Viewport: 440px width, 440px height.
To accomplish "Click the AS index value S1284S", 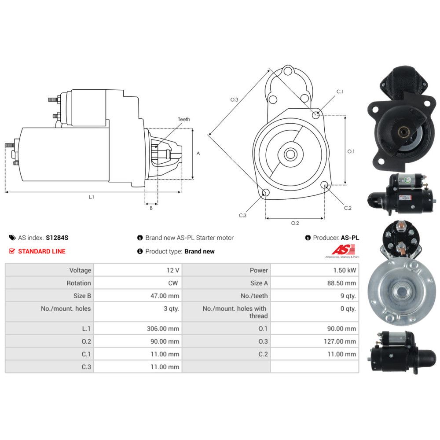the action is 57,238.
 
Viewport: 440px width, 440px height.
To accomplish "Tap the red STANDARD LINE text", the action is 42,251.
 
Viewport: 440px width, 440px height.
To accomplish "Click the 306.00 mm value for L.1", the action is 163,329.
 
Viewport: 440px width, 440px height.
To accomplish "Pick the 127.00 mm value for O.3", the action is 341,341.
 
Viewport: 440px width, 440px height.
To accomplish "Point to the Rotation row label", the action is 79,283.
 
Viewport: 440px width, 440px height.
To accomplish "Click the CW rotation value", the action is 173,283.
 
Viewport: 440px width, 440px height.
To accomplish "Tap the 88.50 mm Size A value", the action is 341,283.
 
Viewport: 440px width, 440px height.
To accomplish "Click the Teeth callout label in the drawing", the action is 184,119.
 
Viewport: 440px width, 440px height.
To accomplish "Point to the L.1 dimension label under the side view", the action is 92,197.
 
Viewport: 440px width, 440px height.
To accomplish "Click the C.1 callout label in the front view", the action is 340,92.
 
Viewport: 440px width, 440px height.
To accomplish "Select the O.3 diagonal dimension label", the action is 234,99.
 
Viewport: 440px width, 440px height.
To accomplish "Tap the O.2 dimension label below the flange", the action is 295,223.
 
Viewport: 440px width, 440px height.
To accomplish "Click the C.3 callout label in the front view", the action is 242,215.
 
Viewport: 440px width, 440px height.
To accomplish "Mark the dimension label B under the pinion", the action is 151,208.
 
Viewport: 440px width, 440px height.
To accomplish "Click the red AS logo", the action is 343,249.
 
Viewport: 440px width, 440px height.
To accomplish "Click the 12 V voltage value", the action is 173,270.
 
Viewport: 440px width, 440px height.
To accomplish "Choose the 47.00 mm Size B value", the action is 165,296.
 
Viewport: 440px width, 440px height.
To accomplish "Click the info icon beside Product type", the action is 140,251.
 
